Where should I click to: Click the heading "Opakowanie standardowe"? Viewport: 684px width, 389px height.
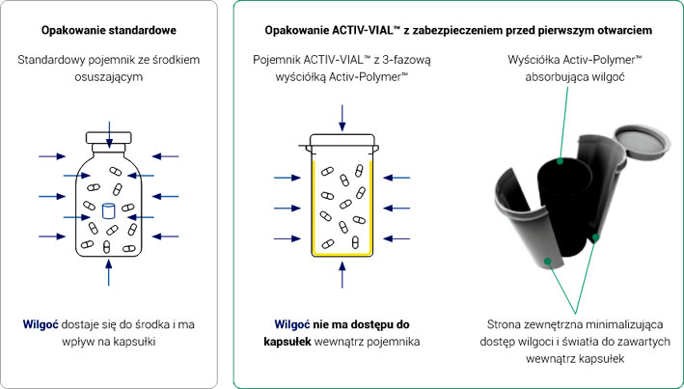109,31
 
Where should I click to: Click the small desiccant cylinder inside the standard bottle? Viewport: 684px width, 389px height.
108,210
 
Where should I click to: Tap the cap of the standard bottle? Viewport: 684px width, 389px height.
109,138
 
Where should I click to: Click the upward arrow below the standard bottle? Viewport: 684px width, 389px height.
109,272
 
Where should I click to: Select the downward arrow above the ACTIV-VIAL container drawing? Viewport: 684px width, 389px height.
342,118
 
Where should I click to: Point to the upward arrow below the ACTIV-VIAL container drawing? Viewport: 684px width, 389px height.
342,274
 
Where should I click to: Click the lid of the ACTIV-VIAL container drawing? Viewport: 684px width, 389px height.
342,142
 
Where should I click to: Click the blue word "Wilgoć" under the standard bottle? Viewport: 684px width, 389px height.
41,325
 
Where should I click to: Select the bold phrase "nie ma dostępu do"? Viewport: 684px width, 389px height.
360,325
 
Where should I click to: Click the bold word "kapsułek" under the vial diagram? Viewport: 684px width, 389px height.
287,342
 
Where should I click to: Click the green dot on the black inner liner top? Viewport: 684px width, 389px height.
561,161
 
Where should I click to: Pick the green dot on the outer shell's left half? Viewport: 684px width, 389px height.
547,261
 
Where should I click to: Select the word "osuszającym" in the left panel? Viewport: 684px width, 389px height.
109,77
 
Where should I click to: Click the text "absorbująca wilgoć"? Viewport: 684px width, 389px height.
575,77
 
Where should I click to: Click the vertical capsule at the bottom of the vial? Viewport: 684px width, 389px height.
355,242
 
